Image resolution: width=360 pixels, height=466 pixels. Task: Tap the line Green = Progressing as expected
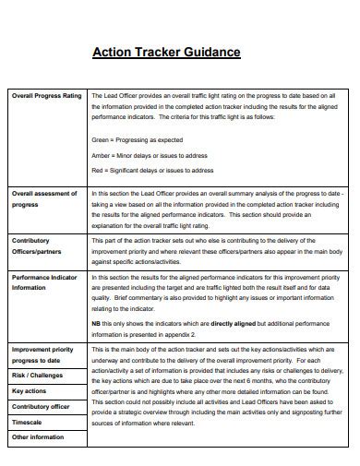(138, 139)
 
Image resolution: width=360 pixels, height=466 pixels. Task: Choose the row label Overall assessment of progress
(44, 199)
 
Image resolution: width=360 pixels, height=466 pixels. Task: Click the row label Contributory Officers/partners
(37, 245)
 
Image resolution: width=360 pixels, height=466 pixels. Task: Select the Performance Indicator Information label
(46, 281)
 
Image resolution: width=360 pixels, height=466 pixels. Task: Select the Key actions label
(30, 391)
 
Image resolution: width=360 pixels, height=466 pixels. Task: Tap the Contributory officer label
(41, 406)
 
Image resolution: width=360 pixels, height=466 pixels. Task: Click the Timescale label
(28, 421)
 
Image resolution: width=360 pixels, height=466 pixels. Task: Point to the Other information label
(36, 436)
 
